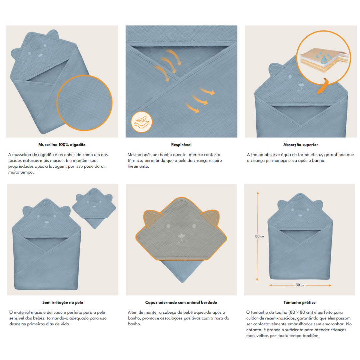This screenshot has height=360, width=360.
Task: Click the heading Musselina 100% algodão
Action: (62, 145)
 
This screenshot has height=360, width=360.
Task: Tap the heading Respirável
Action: (181, 145)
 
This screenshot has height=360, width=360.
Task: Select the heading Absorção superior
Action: (301, 145)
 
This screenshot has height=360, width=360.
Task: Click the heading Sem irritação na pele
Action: (63, 302)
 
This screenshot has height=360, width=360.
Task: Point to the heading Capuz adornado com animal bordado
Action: (181, 302)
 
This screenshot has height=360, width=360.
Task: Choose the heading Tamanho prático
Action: (299, 302)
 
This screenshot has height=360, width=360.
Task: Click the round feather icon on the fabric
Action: (141, 122)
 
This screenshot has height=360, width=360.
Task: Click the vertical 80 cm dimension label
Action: (259, 236)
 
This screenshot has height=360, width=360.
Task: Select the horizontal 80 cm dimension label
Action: (300, 285)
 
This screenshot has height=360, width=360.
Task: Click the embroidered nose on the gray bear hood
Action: (181, 236)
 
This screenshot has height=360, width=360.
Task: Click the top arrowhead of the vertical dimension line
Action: (258, 193)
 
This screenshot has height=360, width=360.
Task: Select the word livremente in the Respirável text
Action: (138, 166)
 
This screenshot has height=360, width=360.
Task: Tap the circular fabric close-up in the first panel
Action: (84, 103)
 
